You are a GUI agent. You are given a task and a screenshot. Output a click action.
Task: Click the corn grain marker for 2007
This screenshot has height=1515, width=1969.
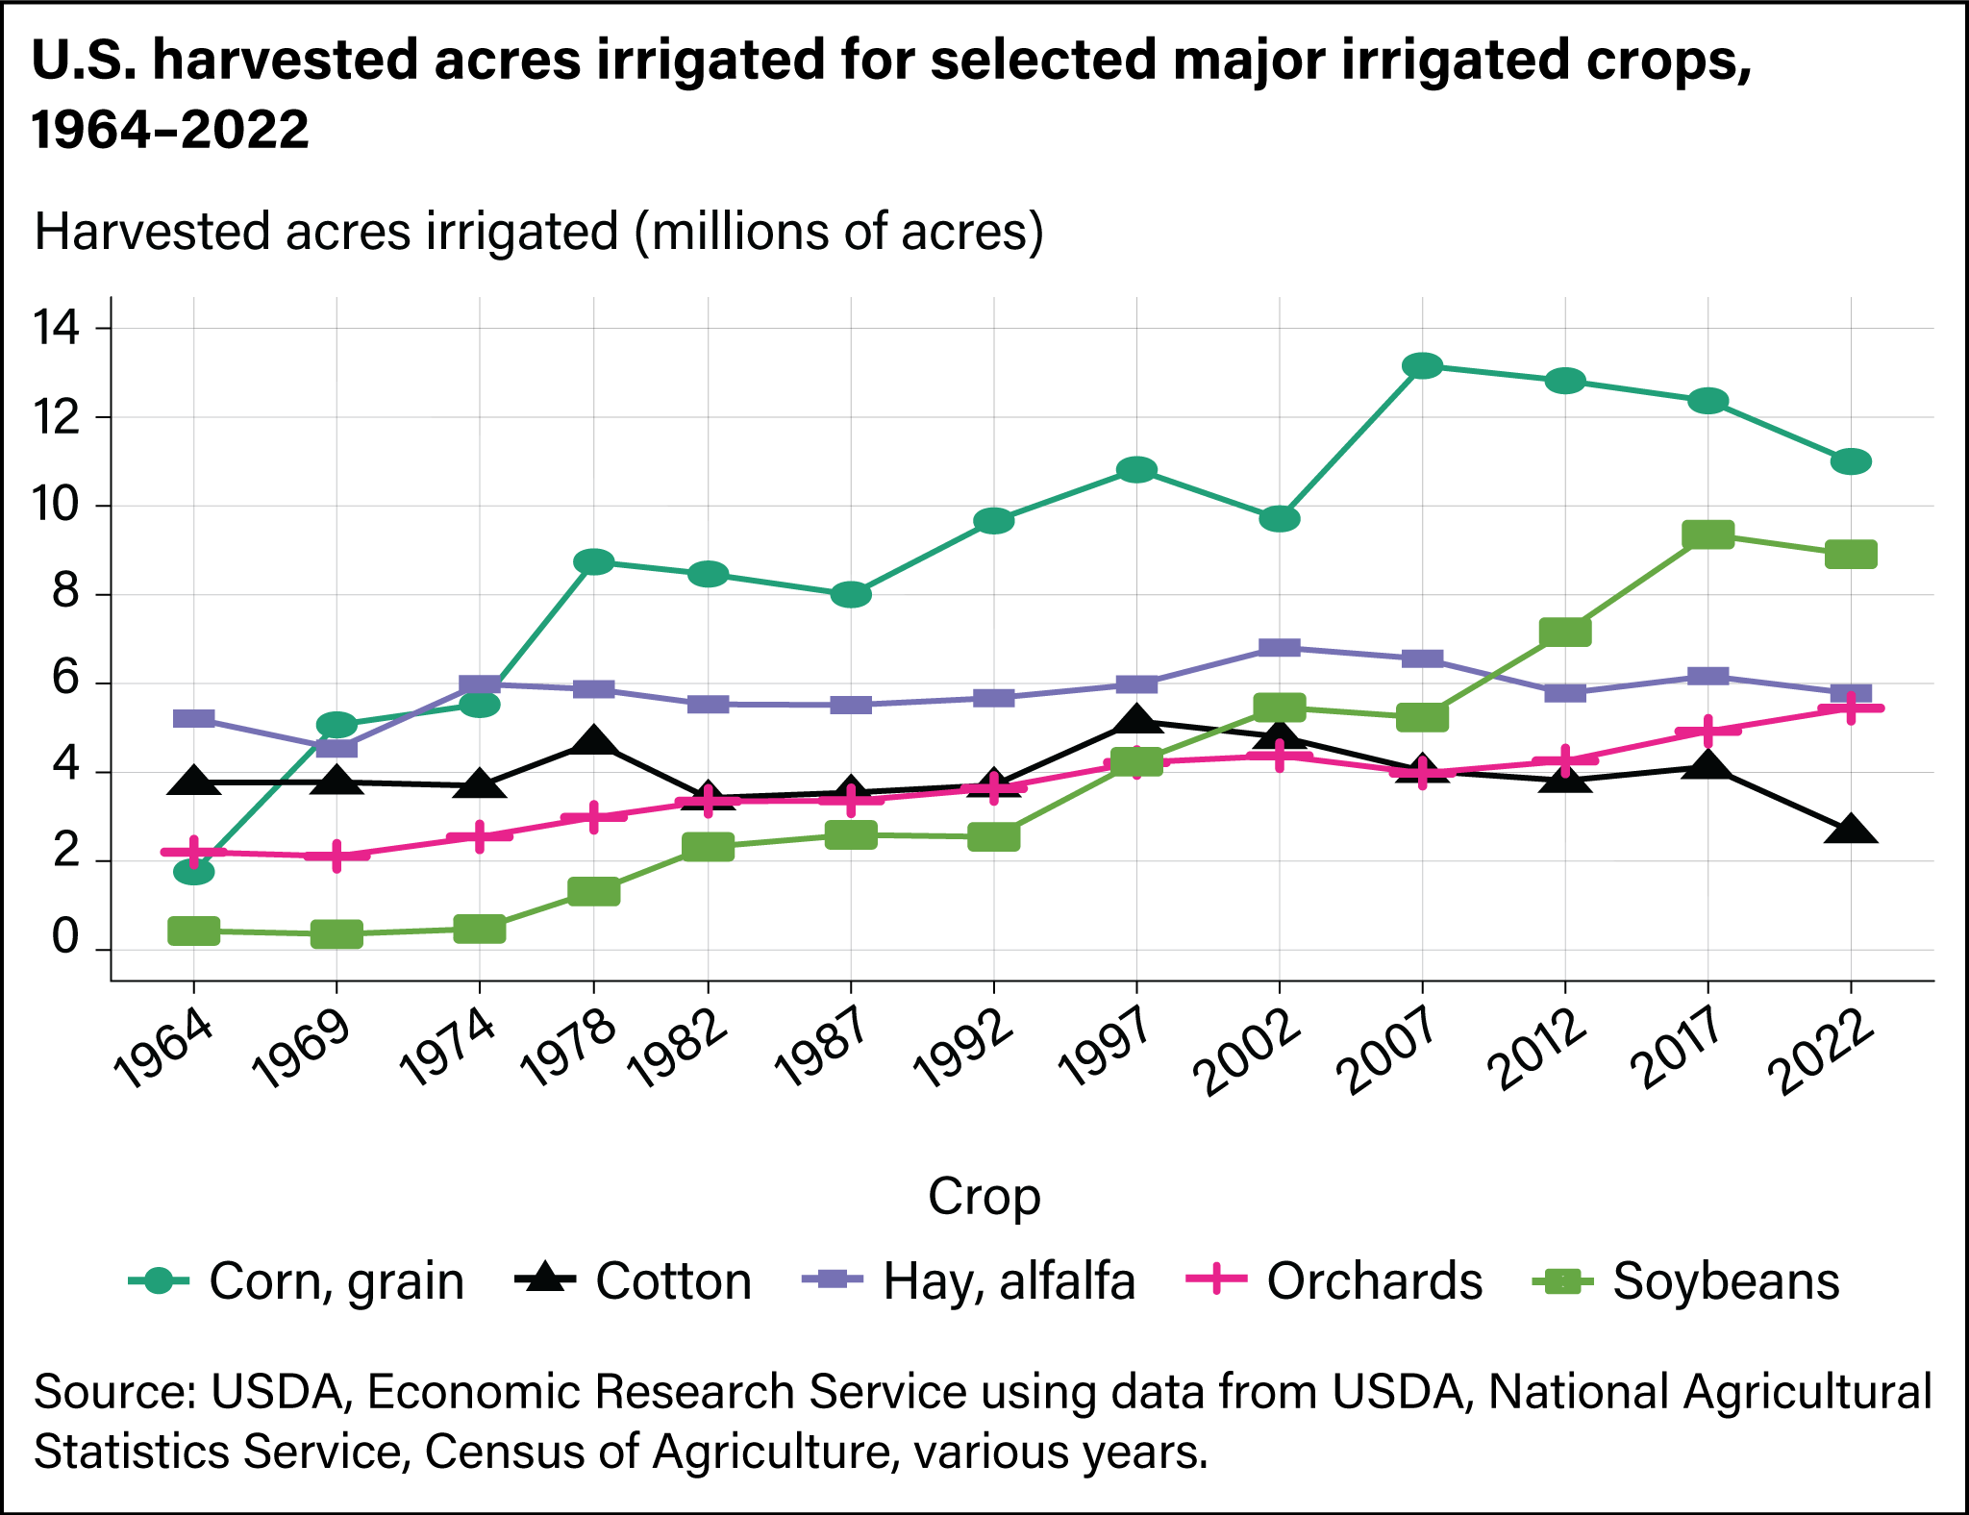pyautogui.click(x=1422, y=365)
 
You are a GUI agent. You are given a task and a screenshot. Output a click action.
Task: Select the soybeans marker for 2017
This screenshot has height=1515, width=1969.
pyautogui.click(x=1707, y=534)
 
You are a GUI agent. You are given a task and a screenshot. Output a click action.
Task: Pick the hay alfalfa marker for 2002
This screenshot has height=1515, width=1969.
pyautogui.click(x=1280, y=648)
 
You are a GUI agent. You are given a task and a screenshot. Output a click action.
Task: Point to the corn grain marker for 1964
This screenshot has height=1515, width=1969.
pyautogui.click(x=194, y=872)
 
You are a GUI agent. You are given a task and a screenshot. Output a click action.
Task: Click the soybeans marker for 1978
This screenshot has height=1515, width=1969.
pyautogui.click(x=593, y=891)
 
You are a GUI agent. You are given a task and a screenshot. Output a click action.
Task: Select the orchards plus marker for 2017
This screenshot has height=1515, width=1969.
pyautogui.click(x=1707, y=731)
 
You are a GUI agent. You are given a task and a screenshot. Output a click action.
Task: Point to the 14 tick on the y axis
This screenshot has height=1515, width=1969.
pyautogui.click(x=56, y=329)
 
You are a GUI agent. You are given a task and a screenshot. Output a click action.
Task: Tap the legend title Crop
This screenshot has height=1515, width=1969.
pyautogui.click(x=984, y=1197)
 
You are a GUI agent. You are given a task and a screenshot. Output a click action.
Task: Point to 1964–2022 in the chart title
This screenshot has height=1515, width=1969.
pyautogui.click(x=170, y=128)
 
